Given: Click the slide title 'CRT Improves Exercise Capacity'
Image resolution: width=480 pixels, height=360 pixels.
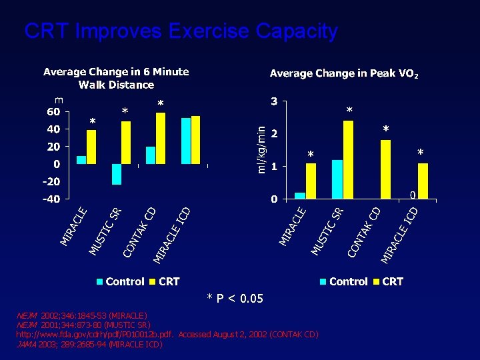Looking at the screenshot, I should click(x=181, y=31).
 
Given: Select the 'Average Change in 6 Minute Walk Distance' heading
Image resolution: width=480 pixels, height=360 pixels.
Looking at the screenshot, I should click(x=116, y=78).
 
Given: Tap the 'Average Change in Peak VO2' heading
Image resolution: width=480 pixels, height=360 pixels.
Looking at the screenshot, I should click(x=344, y=73).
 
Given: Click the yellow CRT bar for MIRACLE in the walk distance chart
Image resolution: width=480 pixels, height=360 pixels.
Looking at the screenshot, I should click(x=91, y=147).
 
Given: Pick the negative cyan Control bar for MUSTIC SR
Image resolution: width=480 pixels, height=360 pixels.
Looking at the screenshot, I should click(x=117, y=173).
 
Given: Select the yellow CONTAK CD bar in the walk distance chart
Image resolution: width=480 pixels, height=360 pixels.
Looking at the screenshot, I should click(x=161, y=138).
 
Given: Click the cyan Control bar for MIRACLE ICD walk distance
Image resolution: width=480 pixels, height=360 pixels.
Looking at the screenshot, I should click(x=186, y=140).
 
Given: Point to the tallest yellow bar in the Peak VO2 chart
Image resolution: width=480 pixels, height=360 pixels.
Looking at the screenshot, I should click(x=348, y=159).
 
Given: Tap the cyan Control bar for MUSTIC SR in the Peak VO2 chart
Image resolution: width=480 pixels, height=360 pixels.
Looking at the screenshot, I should click(x=337, y=179).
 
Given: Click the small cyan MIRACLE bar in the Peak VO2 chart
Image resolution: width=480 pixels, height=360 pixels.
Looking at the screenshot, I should click(x=300, y=195).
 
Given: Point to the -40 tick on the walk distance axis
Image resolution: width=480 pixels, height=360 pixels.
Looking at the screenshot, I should click(x=51, y=199).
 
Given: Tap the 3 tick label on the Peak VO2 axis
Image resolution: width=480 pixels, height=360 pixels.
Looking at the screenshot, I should click(x=274, y=102).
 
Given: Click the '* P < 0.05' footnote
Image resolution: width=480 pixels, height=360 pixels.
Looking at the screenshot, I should click(x=235, y=298).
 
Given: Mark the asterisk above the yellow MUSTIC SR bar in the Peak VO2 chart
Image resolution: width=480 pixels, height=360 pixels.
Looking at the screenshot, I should click(x=349, y=110).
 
